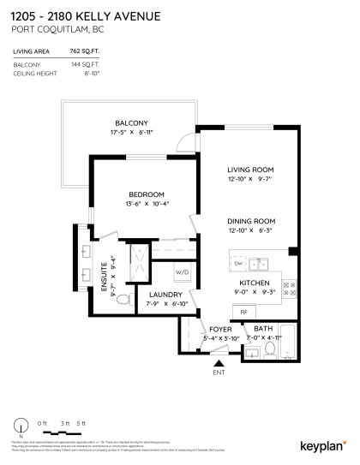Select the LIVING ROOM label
click(249, 169)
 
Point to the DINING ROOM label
click(249, 220)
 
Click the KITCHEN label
click(255, 283)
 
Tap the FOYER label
click(219, 328)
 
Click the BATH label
click(262, 328)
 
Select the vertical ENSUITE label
click(104, 277)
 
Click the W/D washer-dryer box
click(183, 272)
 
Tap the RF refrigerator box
click(243, 312)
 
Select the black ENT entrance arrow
click(218, 363)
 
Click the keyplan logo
click(323, 445)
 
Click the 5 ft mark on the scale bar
click(81, 423)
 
